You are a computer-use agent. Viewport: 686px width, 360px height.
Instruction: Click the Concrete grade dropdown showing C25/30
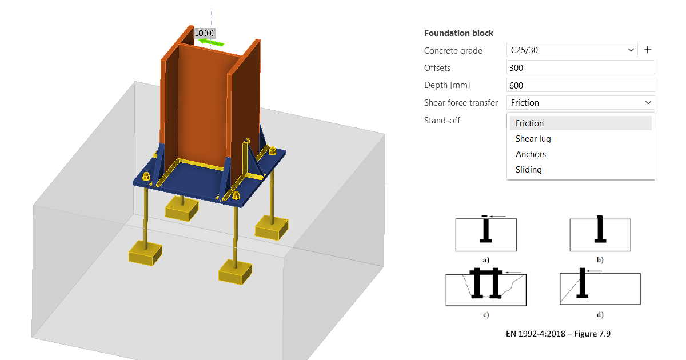click(572, 50)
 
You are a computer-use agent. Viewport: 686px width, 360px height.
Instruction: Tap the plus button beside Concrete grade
click(647, 50)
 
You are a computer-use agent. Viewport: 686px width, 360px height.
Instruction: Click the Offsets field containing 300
click(580, 67)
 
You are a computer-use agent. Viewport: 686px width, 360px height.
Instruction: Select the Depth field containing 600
click(580, 85)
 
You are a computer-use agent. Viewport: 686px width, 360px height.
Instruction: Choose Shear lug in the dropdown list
click(533, 139)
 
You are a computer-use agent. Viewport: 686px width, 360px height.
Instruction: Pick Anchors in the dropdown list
click(531, 154)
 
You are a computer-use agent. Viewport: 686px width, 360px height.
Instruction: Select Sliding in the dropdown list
click(528, 170)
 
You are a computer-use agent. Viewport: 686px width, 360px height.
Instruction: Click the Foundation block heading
click(458, 33)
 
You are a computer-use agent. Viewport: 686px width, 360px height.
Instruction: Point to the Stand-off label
click(442, 121)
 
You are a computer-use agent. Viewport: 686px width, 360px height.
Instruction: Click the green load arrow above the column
click(211, 42)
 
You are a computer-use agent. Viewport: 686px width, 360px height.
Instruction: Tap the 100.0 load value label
click(205, 33)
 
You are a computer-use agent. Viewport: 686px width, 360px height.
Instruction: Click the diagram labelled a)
click(486, 234)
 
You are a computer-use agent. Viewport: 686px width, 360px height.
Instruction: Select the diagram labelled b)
click(600, 234)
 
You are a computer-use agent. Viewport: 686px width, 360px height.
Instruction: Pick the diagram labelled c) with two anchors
click(486, 287)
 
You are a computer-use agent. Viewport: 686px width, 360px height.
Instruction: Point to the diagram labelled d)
click(600, 286)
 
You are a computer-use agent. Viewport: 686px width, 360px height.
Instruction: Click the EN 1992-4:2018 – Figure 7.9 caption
click(558, 334)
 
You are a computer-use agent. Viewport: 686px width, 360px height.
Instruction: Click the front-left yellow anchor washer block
click(145, 253)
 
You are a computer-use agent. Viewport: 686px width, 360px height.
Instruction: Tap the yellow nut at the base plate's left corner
click(146, 177)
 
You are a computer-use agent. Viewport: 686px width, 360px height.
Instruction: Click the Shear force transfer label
click(461, 103)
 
